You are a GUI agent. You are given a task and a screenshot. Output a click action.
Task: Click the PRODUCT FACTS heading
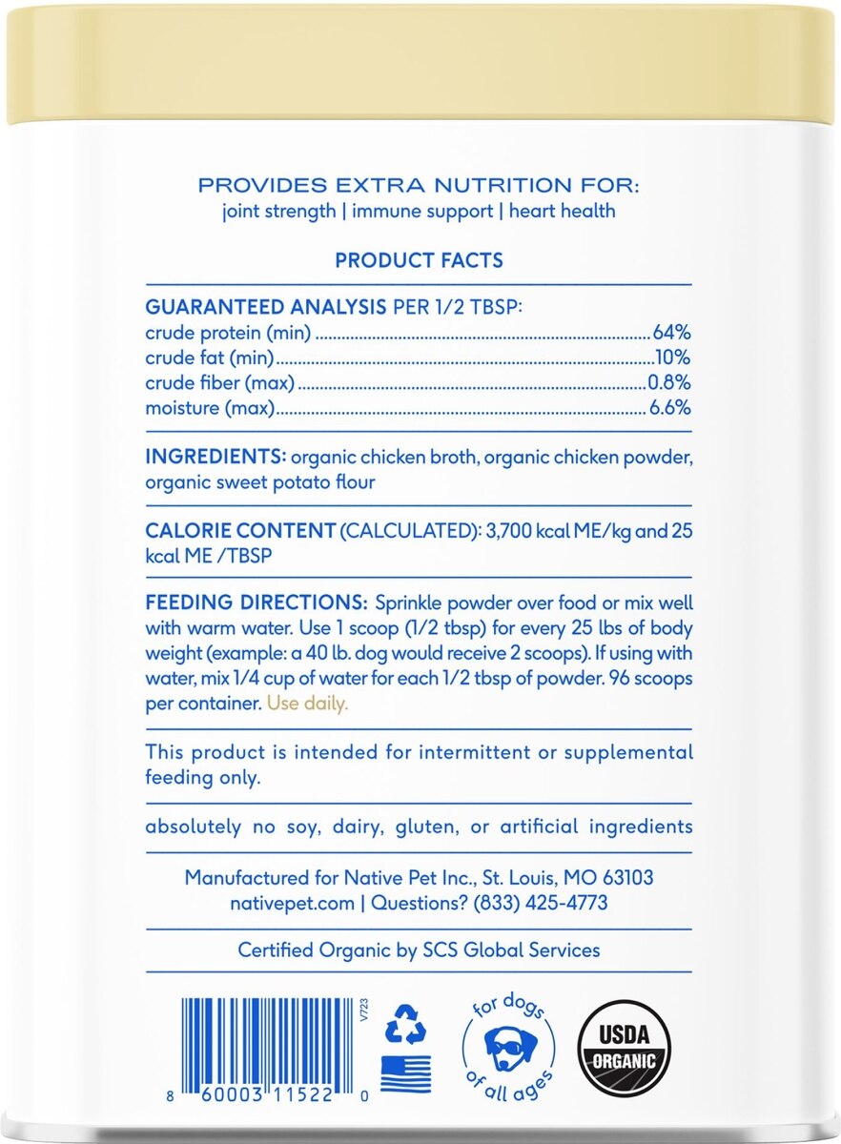coord(420,260)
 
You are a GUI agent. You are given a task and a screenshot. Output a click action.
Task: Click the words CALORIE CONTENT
coord(240,531)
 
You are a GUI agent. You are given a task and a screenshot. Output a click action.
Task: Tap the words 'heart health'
coord(562,210)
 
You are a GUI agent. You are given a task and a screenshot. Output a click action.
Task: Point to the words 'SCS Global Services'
coord(512,950)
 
